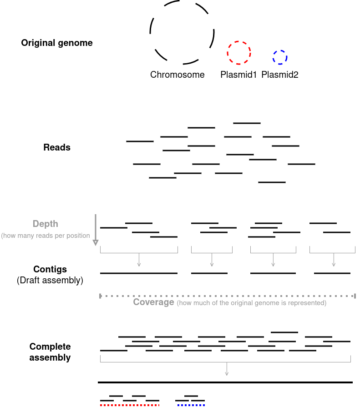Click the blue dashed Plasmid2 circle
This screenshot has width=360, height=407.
[x=280, y=50]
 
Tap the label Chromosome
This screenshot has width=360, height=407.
[x=177, y=75]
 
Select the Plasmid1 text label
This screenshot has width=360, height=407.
[x=239, y=75]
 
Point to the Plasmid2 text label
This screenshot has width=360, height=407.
[x=280, y=75]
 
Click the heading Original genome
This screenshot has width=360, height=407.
[x=57, y=43]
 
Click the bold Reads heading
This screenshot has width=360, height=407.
[x=57, y=147]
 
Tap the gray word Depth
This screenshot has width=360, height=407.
[x=46, y=224]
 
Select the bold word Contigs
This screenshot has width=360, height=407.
[x=50, y=269]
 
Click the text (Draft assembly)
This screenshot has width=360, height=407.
[x=50, y=280]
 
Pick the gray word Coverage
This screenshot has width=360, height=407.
[x=153, y=302]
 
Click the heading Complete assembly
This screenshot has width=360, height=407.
[x=50, y=352]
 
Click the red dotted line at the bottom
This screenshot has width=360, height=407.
[x=130, y=405]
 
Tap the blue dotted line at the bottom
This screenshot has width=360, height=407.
[x=191, y=405]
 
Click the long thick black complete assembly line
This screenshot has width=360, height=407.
[x=225, y=382]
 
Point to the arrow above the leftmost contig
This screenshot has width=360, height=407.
[x=139, y=260]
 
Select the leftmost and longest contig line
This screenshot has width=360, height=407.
[x=139, y=273]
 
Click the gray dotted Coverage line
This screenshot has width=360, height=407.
[x=228, y=296]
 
